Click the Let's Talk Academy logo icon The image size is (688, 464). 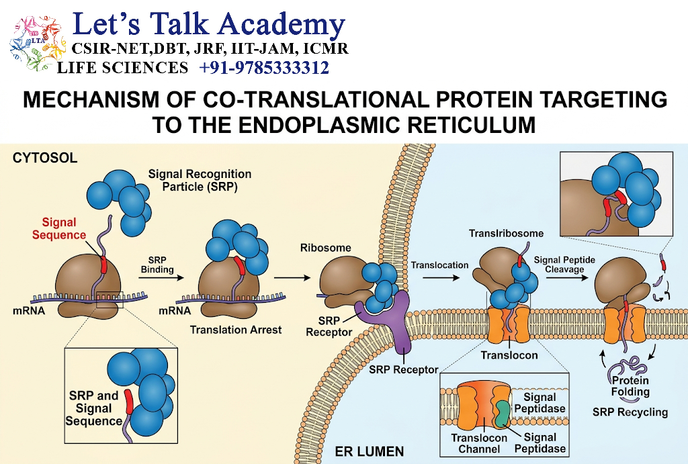tap(37, 43)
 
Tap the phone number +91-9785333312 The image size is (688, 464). tap(264, 68)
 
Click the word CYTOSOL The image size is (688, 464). tap(45, 158)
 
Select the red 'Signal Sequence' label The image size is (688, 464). tap(59, 228)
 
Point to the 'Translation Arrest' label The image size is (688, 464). tap(236, 330)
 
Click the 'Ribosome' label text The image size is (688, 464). tap(326, 248)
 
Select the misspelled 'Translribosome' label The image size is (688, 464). tap(506, 233)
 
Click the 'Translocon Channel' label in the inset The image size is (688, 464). tap(479, 443)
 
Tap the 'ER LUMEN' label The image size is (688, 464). tap(370, 451)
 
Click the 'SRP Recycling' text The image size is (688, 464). tap(630, 412)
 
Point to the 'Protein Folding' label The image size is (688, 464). tap(630, 386)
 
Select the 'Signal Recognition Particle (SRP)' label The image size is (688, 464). tap(200, 180)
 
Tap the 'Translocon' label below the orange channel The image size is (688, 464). tap(509, 355)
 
